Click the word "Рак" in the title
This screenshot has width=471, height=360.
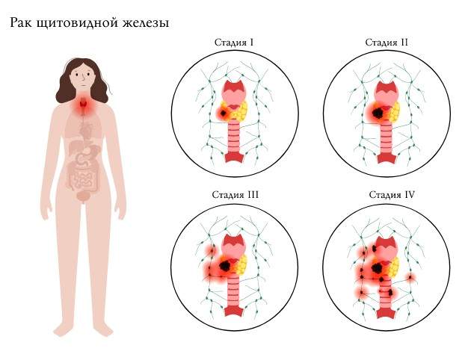[22, 23]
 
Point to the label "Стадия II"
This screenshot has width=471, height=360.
[387, 41]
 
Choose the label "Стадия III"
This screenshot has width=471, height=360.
[235, 195]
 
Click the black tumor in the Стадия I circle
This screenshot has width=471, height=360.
[223, 112]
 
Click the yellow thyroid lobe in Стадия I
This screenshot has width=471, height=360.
[240, 111]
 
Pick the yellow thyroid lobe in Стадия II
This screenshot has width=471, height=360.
[392, 113]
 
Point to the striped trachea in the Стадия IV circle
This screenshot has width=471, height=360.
[387, 295]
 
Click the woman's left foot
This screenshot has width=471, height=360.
[102, 329]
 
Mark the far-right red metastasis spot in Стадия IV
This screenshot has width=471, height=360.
[410, 278]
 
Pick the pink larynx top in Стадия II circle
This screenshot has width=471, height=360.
[387, 91]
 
